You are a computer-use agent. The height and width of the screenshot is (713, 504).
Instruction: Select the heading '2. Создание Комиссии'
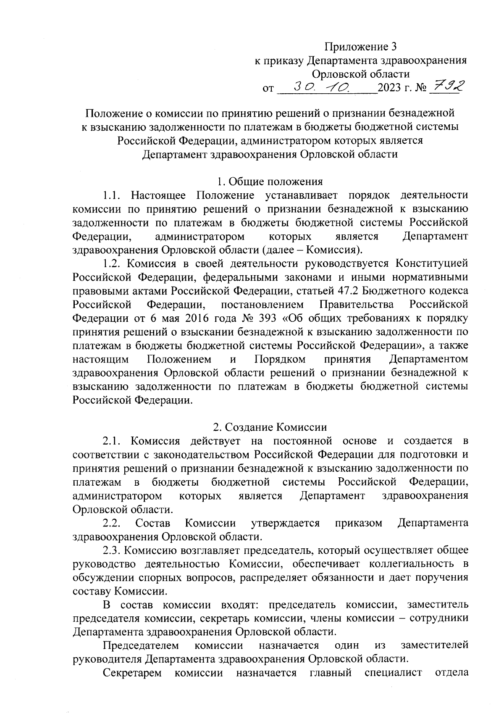(x=270, y=427)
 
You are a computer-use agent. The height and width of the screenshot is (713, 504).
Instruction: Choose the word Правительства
(x=357, y=304)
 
